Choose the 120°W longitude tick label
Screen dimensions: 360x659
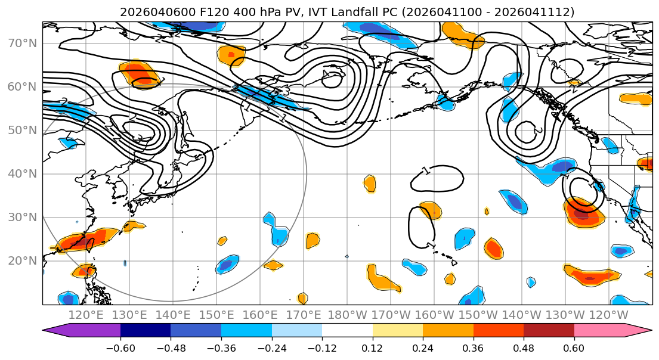coord(608,314)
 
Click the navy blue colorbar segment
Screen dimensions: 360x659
coord(146,331)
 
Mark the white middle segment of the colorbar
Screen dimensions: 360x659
coord(347,331)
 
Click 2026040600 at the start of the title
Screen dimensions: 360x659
coord(147,12)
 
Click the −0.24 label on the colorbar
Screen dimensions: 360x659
coord(271,347)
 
